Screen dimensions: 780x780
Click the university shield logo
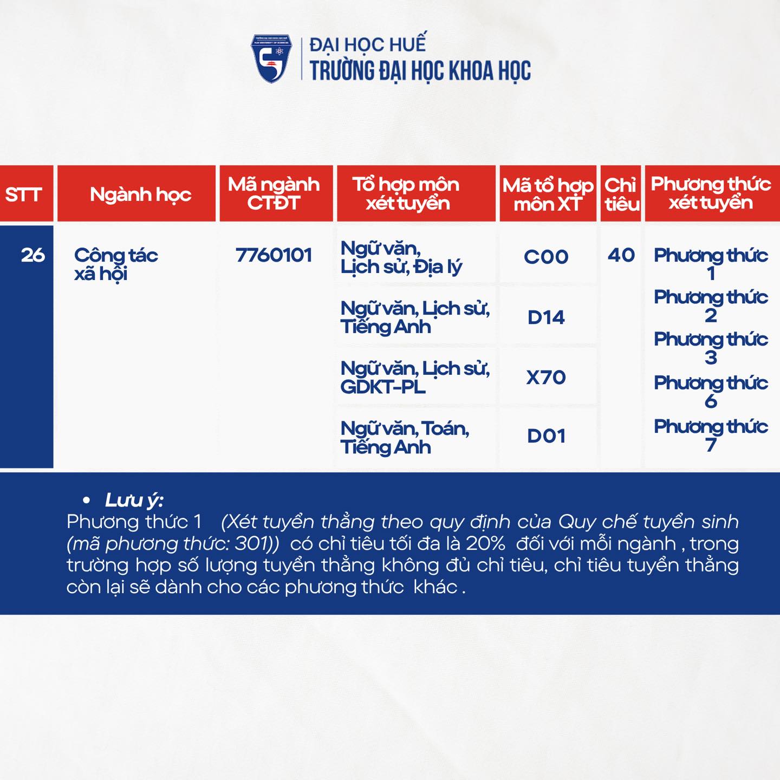click(x=271, y=58)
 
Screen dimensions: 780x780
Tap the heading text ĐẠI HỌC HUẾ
click(x=368, y=44)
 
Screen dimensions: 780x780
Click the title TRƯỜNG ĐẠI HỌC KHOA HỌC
click(x=420, y=71)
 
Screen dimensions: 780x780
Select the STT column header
click(x=23, y=194)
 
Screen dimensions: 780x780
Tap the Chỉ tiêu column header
click(x=621, y=194)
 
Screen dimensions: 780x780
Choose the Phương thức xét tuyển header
click(x=711, y=193)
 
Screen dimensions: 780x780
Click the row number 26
click(x=33, y=256)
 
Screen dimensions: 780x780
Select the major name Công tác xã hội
click(x=116, y=265)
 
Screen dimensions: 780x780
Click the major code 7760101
click(x=274, y=256)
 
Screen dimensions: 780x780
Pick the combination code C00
click(x=546, y=257)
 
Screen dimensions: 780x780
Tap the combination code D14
click(x=546, y=317)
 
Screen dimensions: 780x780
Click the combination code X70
click(x=546, y=378)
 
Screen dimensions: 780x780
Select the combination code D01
click(x=546, y=437)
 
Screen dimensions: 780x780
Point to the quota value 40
click(x=621, y=256)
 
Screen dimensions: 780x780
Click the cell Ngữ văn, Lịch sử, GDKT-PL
click(x=415, y=378)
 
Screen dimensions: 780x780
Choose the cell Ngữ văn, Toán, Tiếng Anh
click(x=405, y=438)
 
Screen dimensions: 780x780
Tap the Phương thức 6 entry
click(x=711, y=392)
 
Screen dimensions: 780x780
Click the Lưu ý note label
click(x=134, y=500)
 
